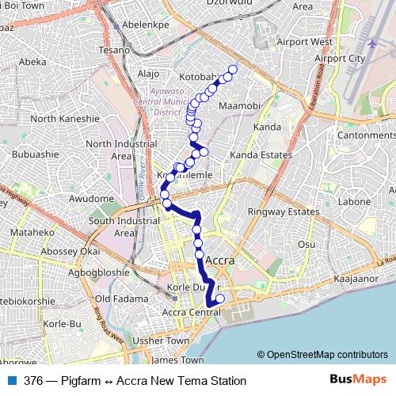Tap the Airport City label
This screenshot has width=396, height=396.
340,58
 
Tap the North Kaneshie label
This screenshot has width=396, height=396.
64,119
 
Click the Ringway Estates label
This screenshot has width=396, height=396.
284,212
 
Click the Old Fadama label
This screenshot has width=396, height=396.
121,299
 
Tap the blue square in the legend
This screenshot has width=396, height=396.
13,381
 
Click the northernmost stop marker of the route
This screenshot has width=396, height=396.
233,69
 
